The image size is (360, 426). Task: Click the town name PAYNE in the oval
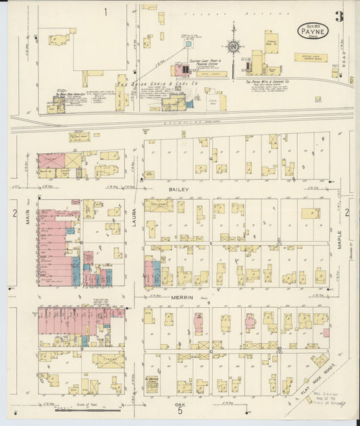point(314,31)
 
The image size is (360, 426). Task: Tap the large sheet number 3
point(338,17)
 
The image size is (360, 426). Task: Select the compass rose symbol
point(233,47)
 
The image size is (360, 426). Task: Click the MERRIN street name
point(182,297)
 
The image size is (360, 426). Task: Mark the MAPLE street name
point(340,240)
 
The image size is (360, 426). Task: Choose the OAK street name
point(179,404)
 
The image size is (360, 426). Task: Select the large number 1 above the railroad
point(105,11)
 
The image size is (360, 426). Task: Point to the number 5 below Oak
point(180,413)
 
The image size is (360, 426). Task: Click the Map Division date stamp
point(328,399)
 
